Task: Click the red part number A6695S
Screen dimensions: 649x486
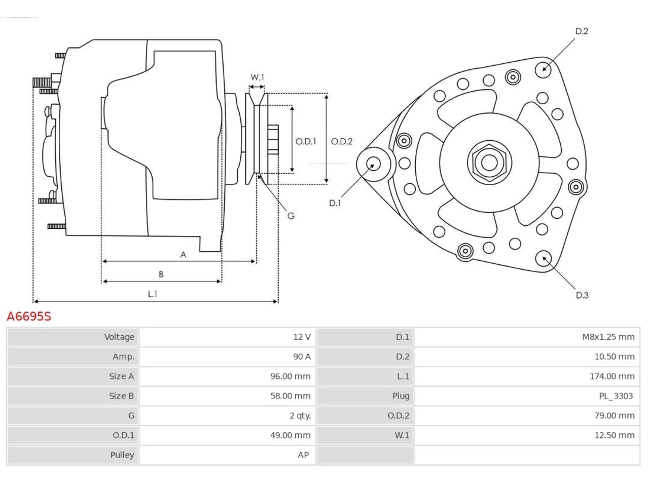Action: tap(29, 316)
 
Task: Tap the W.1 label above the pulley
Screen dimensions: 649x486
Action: tap(257, 77)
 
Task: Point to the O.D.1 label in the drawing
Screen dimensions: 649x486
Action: tap(306, 141)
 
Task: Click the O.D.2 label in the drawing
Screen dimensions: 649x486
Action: tap(342, 141)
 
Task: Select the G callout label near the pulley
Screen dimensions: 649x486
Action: tap(291, 216)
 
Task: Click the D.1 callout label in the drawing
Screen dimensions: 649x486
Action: tap(335, 203)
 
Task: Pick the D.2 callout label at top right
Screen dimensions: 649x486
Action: tap(582, 31)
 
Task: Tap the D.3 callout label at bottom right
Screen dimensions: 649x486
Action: tap(582, 295)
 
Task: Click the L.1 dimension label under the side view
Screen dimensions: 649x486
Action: tap(152, 294)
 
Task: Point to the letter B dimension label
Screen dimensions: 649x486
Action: tap(161, 274)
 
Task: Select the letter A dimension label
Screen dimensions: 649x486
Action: tap(184, 255)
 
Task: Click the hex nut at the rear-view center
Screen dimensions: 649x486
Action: tap(489, 163)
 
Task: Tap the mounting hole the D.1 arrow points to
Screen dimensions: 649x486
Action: tap(374, 164)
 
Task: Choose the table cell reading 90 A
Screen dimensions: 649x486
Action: tap(302, 356)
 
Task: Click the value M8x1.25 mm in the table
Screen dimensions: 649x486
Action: tap(608, 337)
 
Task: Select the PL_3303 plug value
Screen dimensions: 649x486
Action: tap(616, 396)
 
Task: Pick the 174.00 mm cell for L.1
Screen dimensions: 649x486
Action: tap(612, 376)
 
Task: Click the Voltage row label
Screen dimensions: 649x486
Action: tap(119, 337)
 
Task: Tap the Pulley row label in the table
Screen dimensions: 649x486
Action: tap(122, 455)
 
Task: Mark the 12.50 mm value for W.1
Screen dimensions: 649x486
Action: tap(615, 435)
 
